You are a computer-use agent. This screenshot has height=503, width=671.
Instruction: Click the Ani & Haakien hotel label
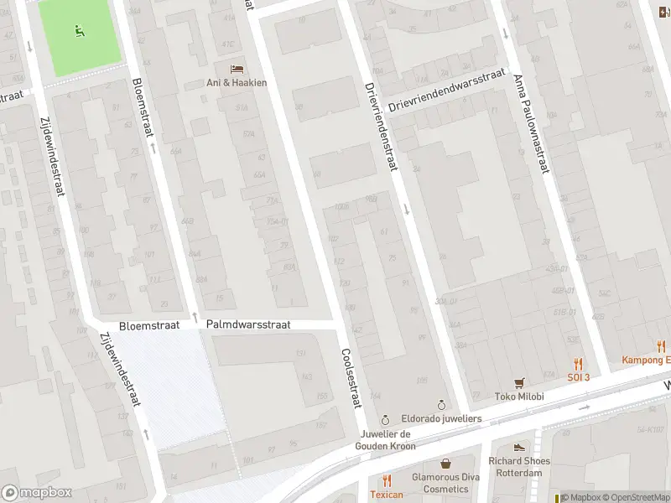(x=237, y=82)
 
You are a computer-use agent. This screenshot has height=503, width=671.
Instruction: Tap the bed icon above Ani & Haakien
(x=237, y=68)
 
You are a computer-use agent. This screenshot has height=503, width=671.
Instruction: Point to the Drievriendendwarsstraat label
(x=448, y=91)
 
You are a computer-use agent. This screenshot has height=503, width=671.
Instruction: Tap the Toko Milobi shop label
(x=519, y=397)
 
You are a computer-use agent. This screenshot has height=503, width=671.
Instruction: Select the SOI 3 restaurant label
(x=578, y=377)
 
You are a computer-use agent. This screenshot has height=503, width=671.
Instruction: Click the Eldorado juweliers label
(x=440, y=417)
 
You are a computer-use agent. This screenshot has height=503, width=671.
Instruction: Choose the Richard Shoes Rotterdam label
(x=519, y=466)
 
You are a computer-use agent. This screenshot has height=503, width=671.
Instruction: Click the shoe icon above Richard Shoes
(x=519, y=447)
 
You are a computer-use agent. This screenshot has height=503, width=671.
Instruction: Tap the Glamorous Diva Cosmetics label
(x=445, y=483)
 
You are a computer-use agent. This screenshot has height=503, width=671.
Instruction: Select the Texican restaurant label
(x=387, y=495)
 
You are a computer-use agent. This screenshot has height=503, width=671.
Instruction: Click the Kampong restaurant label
(x=646, y=360)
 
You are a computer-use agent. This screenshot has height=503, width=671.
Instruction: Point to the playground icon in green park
(x=80, y=33)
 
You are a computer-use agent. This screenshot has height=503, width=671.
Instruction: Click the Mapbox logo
(x=37, y=493)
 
